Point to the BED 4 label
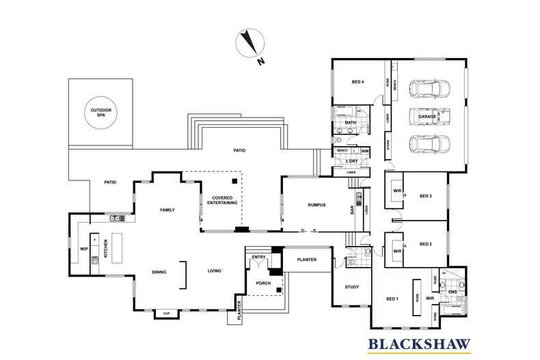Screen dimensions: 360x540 (x=357, y=83)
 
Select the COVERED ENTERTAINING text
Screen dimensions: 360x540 (x=221, y=200)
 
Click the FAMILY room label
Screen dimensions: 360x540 (x=167, y=210)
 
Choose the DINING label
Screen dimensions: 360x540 (x=159, y=273)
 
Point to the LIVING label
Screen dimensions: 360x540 (x=215, y=272)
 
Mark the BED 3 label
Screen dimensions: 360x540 (x=426, y=196)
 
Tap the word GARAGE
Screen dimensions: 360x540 (x=427, y=117)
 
